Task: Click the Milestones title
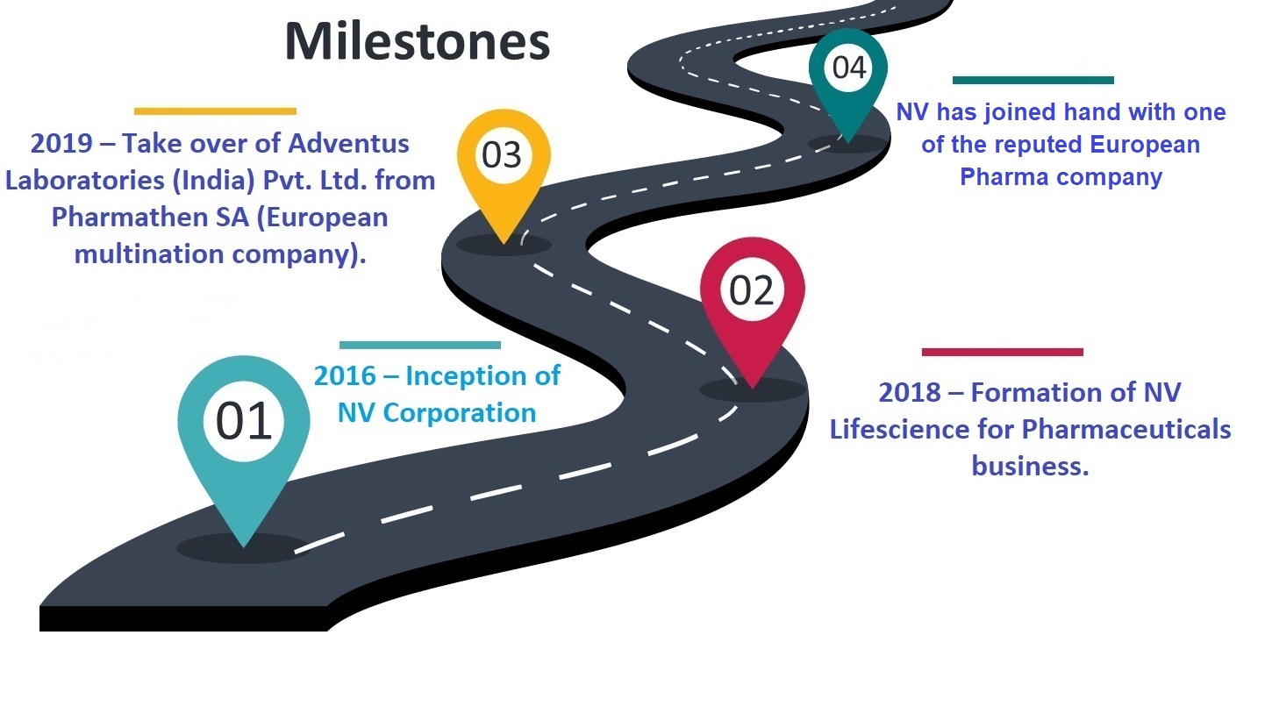[x=418, y=41]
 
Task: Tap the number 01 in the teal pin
[x=244, y=421]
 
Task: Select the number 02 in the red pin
[x=751, y=290]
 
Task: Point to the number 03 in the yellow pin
[x=502, y=155]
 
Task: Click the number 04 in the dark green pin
[x=849, y=68]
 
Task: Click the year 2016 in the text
[x=345, y=376]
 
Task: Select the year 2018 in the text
[x=910, y=392]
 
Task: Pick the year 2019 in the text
[x=61, y=144]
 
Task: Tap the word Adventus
[x=348, y=144]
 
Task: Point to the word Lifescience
[x=899, y=429]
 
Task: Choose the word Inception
[x=466, y=376]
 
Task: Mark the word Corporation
[x=460, y=413]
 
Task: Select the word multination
[x=149, y=253]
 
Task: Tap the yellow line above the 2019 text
[x=215, y=111]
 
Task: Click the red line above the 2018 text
[x=1003, y=352]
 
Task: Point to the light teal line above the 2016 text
[x=419, y=346]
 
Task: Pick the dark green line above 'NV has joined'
[x=1033, y=80]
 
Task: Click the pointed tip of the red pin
[x=753, y=389]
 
